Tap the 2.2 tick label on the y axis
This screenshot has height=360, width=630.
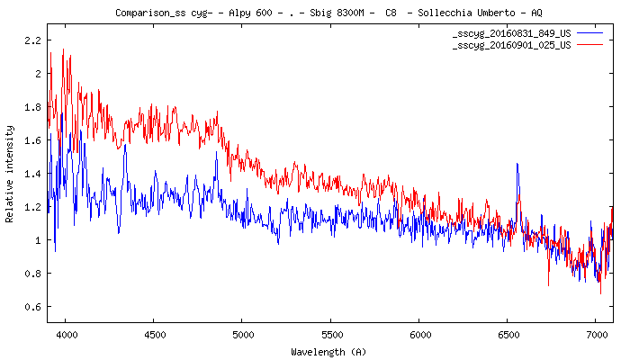(x=33, y=40)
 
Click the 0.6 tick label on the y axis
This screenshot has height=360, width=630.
(x=33, y=307)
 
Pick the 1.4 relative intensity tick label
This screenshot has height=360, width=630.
(x=33, y=174)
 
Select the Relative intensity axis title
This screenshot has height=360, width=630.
(x=10, y=174)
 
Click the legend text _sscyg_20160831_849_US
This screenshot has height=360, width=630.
(x=511, y=31)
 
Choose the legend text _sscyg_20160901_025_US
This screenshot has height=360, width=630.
(x=511, y=43)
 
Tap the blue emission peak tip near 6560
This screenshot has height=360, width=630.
(x=517, y=165)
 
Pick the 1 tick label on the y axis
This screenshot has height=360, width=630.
(x=39, y=240)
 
